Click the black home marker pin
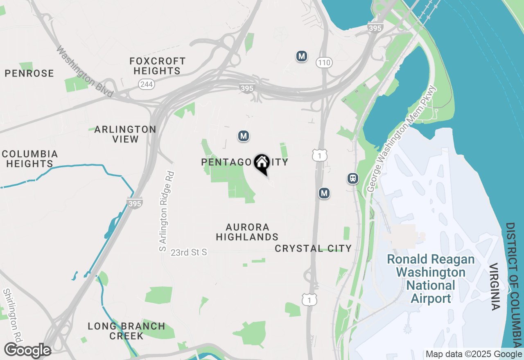[x=262, y=163]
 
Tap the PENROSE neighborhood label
[x=29, y=74]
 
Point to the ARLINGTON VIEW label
[x=125, y=134]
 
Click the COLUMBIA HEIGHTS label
[x=29, y=159]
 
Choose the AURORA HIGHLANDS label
[x=247, y=232]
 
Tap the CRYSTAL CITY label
[x=313, y=248]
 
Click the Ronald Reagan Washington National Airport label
[x=431, y=279]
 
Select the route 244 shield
[x=146, y=84]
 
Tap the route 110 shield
[x=324, y=63]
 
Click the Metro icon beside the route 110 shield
[x=302, y=56]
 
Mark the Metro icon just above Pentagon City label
[x=244, y=136]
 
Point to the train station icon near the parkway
[x=352, y=178]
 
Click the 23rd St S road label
[x=189, y=252]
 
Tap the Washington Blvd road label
[x=84, y=72]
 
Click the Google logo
[x=27, y=351]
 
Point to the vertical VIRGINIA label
[x=494, y=286]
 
